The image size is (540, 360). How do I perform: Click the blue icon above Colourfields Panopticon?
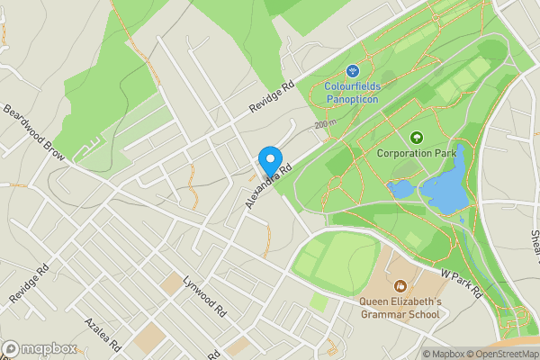tap(353, 70)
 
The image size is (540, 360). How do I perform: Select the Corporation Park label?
tap(417, 153)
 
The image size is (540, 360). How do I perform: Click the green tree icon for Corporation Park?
tap(417, 137)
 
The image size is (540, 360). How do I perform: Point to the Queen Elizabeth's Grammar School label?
tap(400, 308)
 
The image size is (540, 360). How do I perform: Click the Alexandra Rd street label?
tap(269, 184)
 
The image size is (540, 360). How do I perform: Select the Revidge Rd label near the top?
tap(273, 100)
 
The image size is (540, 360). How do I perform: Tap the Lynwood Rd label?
tap(203, 298)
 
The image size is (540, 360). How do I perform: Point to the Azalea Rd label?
tap(103, 334)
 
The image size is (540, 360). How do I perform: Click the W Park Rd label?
tap(463, 282)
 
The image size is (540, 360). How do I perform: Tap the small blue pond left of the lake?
tap(400, 189)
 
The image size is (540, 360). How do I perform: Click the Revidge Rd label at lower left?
tap(27, 283)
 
